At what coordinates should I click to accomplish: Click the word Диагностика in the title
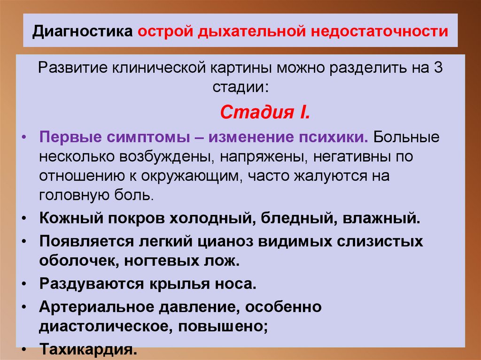click(x=83, y=33)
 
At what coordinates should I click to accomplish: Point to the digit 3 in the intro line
click(x=438, y=67)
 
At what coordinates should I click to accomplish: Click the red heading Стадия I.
click(x=264, y=113)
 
